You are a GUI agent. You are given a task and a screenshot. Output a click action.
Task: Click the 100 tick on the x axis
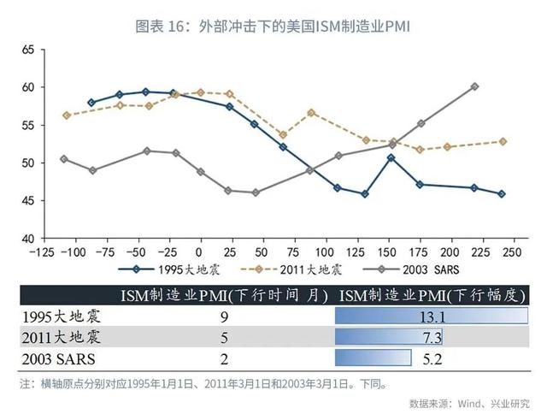(325, 252)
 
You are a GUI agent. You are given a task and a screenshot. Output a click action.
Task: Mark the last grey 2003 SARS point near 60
(475, 86)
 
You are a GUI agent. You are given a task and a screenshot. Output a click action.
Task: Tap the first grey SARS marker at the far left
(64, 159)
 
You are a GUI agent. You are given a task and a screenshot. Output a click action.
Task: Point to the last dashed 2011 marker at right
(503, 141)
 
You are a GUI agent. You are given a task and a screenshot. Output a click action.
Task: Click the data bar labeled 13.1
(432, 316)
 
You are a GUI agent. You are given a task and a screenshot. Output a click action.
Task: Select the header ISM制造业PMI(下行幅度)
(432, 295)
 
